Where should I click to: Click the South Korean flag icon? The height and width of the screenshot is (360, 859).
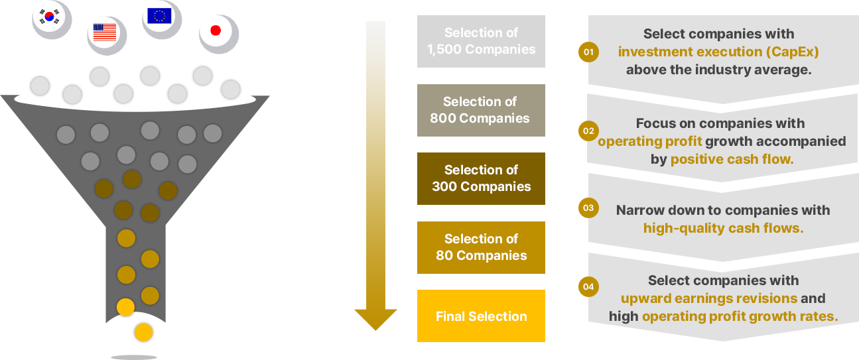50,17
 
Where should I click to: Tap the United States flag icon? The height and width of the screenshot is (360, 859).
105,32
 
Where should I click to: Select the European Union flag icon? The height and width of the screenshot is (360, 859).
160,16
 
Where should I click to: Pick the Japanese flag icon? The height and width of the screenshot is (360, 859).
215,30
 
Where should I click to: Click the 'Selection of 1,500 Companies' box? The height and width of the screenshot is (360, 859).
481,41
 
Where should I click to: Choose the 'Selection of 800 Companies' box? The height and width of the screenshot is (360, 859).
481,110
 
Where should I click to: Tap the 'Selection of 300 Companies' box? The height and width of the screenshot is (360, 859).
481,178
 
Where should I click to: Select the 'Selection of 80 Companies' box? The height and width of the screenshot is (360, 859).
481,247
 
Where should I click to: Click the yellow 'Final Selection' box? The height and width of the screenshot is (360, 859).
481,316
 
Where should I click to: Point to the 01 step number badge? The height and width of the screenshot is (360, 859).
588,52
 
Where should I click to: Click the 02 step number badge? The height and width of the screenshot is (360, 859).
588,131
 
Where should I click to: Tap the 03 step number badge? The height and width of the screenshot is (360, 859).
588,208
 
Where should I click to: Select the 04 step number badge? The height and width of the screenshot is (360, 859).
588,287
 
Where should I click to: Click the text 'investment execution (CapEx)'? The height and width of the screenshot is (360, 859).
718,52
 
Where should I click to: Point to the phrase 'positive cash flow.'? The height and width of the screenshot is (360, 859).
732,159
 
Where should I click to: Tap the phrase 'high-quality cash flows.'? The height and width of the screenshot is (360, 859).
723,228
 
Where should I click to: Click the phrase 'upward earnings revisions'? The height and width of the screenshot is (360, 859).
709,298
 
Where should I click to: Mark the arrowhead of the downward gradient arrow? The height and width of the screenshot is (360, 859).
375,317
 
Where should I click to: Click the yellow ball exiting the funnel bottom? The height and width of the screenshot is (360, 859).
143,333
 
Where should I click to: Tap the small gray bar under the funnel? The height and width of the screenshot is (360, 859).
134,357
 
